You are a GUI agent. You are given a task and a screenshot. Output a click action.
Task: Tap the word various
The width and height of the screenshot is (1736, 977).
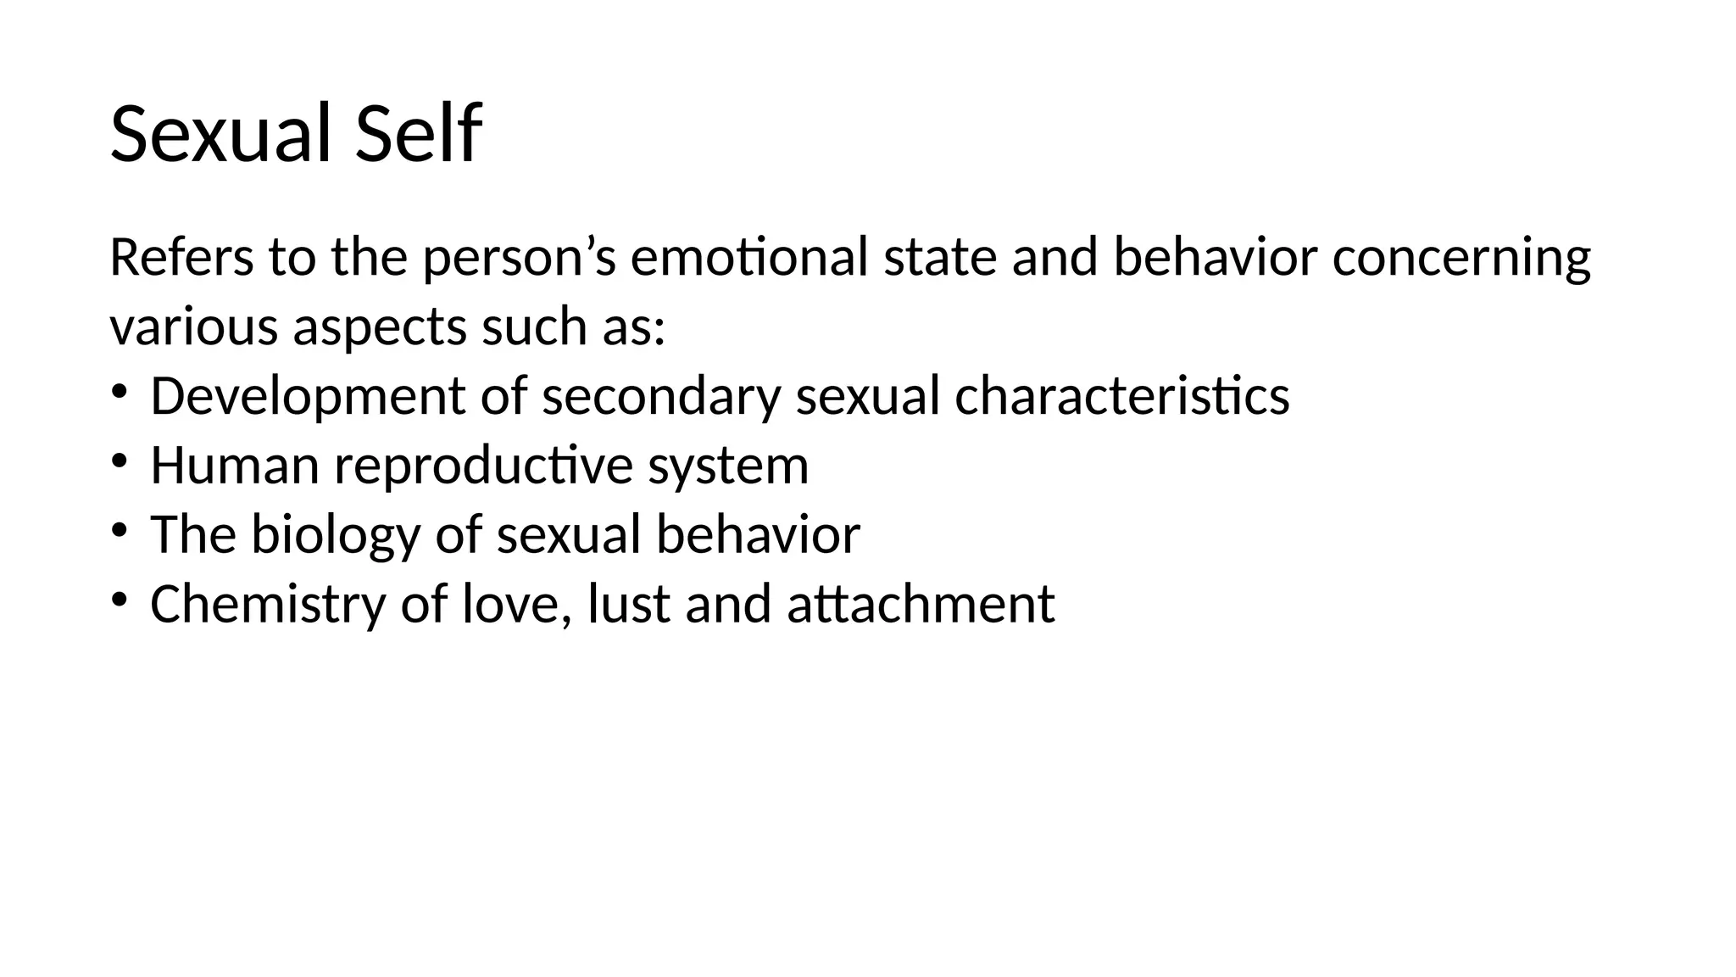pos(193,327)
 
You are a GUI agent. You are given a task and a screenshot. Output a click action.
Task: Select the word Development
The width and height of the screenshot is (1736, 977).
pos(308,397)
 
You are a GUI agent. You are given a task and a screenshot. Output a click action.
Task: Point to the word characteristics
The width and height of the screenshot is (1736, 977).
pos(1122,396)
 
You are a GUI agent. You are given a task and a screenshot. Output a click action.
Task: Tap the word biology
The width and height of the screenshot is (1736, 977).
pos(335,536)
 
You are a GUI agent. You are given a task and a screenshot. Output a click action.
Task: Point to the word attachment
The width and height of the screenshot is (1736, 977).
pos(921,605)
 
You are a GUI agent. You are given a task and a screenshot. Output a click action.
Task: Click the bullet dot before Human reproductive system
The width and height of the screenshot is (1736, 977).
pos(118,461)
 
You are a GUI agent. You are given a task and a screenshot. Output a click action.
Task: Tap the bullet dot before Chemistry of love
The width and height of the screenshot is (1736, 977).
pos(118,600)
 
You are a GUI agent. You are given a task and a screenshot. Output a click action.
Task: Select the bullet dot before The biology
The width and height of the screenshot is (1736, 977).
pos(118,530)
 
